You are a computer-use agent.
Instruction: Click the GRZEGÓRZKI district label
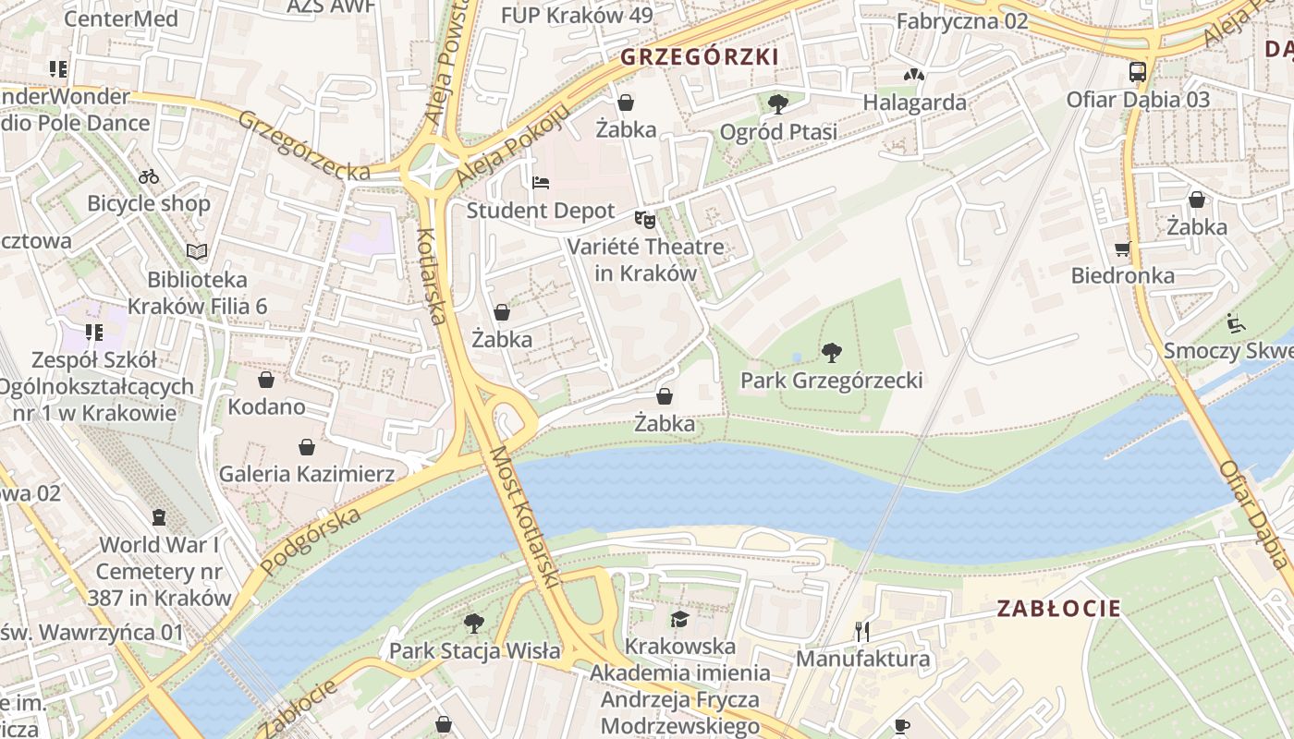699,57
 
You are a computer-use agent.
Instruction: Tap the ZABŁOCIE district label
1058,609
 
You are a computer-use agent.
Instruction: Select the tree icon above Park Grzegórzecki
831,352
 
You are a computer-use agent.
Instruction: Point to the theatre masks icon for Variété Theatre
644,220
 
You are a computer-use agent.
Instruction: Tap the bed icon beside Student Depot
541,182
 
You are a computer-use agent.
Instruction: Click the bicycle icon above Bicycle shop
149,176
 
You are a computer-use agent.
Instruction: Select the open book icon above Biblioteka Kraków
197,251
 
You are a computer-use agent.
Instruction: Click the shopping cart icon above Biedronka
1122,248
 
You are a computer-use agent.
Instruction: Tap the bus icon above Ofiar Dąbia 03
1138,72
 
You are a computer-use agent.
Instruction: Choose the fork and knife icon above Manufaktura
862,632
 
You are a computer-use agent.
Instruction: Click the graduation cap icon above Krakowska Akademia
680,619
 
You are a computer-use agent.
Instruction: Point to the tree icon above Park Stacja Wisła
474,624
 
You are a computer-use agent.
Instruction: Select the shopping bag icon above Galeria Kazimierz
307,447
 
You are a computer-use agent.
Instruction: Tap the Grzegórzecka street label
305,146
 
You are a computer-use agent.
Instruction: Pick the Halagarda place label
915,103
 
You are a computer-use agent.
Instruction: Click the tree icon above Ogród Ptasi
778,103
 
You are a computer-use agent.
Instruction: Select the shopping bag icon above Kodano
266,380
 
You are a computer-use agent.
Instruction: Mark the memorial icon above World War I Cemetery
159,517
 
